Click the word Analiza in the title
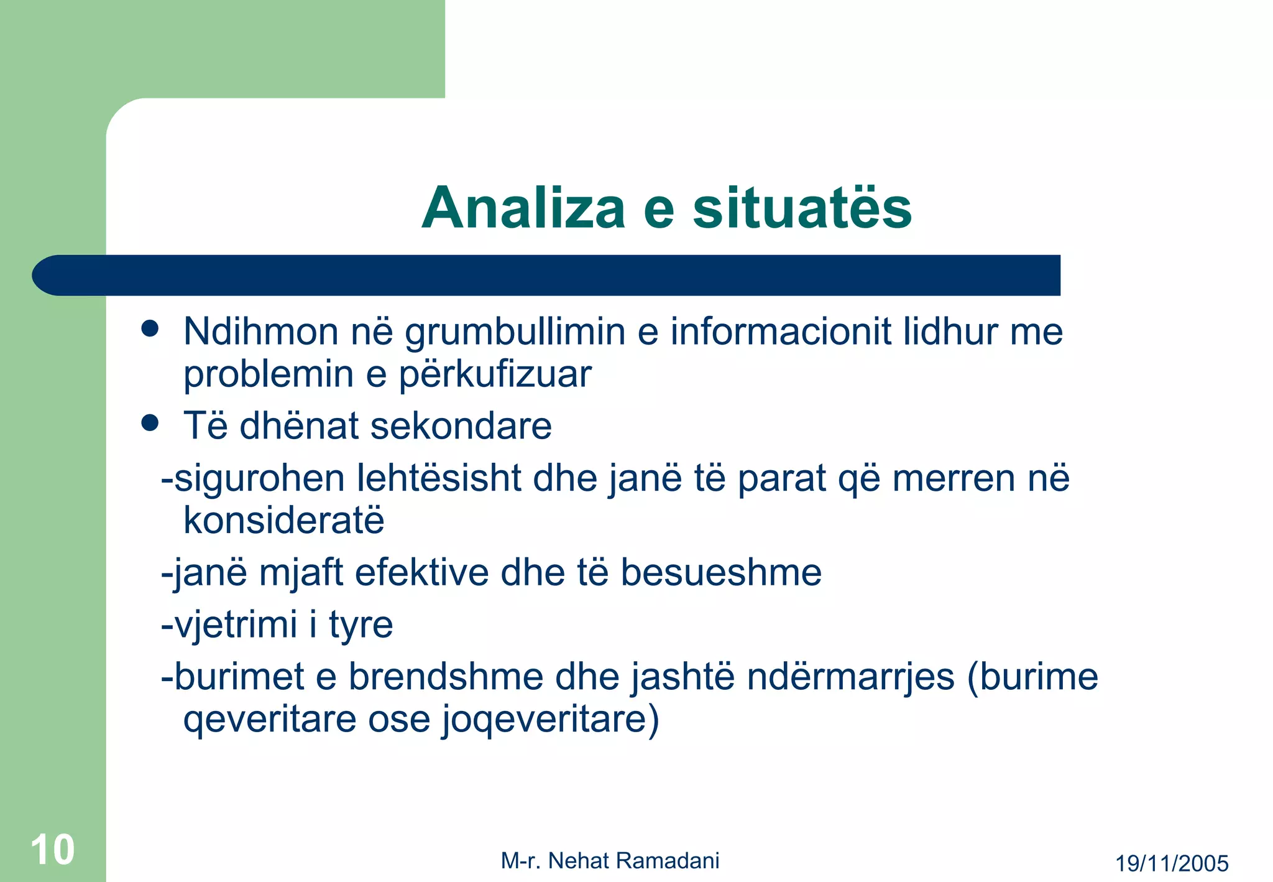coord(523,208)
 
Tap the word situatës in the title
coord(802,208)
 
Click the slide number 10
coord(53,850)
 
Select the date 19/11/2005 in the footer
coord(1172,863)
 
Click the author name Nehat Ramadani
coord(633,861)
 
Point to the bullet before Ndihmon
coord(150,328)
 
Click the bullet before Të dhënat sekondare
coord(150,424)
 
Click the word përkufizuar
coord(495,375)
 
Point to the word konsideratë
coord(284,521)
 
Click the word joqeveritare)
coord(551,720)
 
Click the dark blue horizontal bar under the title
coord(547,275)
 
